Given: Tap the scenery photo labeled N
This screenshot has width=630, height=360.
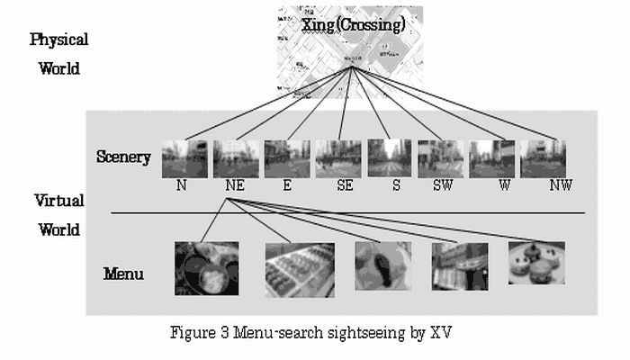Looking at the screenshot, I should [x=184, y=158].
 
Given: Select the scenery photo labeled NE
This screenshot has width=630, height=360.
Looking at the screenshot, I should [x=236, y=158].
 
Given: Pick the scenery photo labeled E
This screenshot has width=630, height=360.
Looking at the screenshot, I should [x=287, y=158].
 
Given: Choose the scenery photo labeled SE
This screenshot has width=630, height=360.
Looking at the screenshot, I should [x=338, y=158].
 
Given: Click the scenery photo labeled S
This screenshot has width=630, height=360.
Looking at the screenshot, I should [x=390, y=158].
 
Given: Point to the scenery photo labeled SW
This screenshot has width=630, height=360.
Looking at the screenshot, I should [x=441, y=158].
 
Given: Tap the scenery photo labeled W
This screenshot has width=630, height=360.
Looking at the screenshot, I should [x=492, y=158].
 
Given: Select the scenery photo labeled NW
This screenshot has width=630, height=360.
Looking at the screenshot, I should [x=544, y=158].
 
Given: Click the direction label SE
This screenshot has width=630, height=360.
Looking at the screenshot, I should [x=345, y=185].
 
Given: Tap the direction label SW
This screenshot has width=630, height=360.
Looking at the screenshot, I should [x=443, y=185].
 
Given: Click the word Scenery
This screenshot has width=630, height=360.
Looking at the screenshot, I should [x=123, y=157].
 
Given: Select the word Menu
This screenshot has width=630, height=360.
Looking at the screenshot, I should [x=123, y=273].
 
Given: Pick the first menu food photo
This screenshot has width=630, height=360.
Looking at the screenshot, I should [x=207, y=268].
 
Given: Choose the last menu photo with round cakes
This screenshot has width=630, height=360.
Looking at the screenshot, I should [x=536, y=263].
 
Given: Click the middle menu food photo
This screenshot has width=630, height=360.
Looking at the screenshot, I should [x=382, y=265].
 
